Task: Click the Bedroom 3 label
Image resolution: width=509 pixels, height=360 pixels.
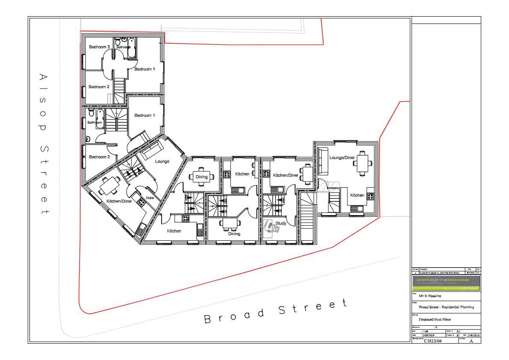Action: click(99, 47)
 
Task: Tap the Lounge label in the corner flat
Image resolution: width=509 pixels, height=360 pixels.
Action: click(162, 162)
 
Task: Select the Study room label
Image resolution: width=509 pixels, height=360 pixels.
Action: click(281, 223)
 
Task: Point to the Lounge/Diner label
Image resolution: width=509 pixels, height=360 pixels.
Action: click(342, 158)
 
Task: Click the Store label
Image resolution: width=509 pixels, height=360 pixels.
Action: click(150, 198)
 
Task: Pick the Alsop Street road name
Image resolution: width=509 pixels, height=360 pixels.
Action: click(43, 144)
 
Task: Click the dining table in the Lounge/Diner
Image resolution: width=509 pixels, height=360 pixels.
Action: click(363, 163)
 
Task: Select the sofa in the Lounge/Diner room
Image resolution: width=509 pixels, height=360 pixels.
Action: click(323, 161)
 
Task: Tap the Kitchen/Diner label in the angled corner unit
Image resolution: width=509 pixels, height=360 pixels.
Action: click(119, 201)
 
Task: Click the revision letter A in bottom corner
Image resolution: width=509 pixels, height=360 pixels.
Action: click(471, 341)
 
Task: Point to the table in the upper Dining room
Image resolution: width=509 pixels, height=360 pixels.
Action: click(201, 177)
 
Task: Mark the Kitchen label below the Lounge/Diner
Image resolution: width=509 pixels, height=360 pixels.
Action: click(357, 195)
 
